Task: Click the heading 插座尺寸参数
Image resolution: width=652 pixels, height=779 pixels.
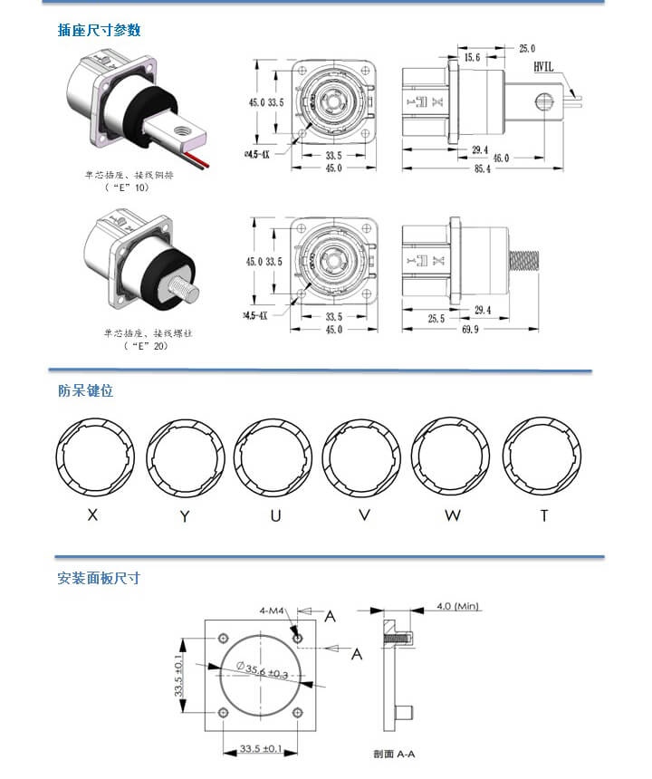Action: (x=99, y=30)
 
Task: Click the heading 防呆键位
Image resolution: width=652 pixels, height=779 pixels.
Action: (x=85, y=391)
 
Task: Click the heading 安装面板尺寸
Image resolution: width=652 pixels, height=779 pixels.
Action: (x=99, y=578)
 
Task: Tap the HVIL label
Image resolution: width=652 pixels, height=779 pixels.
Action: (x=543, y=67)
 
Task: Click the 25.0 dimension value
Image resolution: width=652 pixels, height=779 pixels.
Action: (x=526, y=48)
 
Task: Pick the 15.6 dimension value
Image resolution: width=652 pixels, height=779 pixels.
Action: (x=472, y=57)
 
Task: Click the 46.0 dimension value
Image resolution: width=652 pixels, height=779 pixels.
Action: (x=500, y=159)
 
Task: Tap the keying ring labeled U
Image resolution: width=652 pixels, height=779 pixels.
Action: (x=273, y=457)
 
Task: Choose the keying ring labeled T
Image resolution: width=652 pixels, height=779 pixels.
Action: (x=542, y=457)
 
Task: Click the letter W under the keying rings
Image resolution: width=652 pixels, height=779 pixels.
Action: (x=453, y=515)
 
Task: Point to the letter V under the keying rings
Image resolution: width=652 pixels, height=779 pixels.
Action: (x=364, y=515)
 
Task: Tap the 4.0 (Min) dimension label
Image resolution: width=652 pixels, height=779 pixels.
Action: (x=458, y=606)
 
